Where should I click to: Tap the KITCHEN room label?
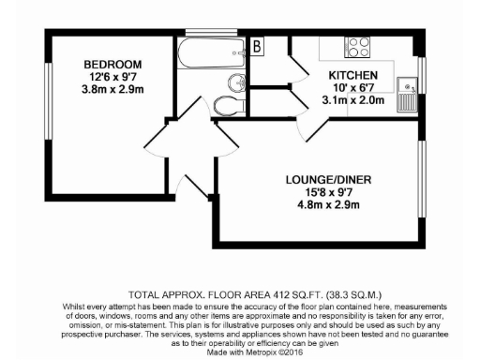[353, 74]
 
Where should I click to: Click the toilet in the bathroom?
[224, 104]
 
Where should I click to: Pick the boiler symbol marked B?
[258, 45]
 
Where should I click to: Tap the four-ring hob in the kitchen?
[357, 45]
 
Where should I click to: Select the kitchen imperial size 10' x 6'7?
[352, 87]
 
